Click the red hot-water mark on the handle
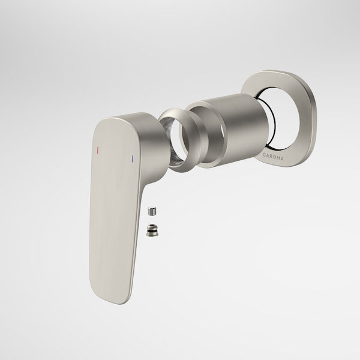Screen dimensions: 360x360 pos(98,147)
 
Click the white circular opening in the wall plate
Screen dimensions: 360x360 pos(282,114)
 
